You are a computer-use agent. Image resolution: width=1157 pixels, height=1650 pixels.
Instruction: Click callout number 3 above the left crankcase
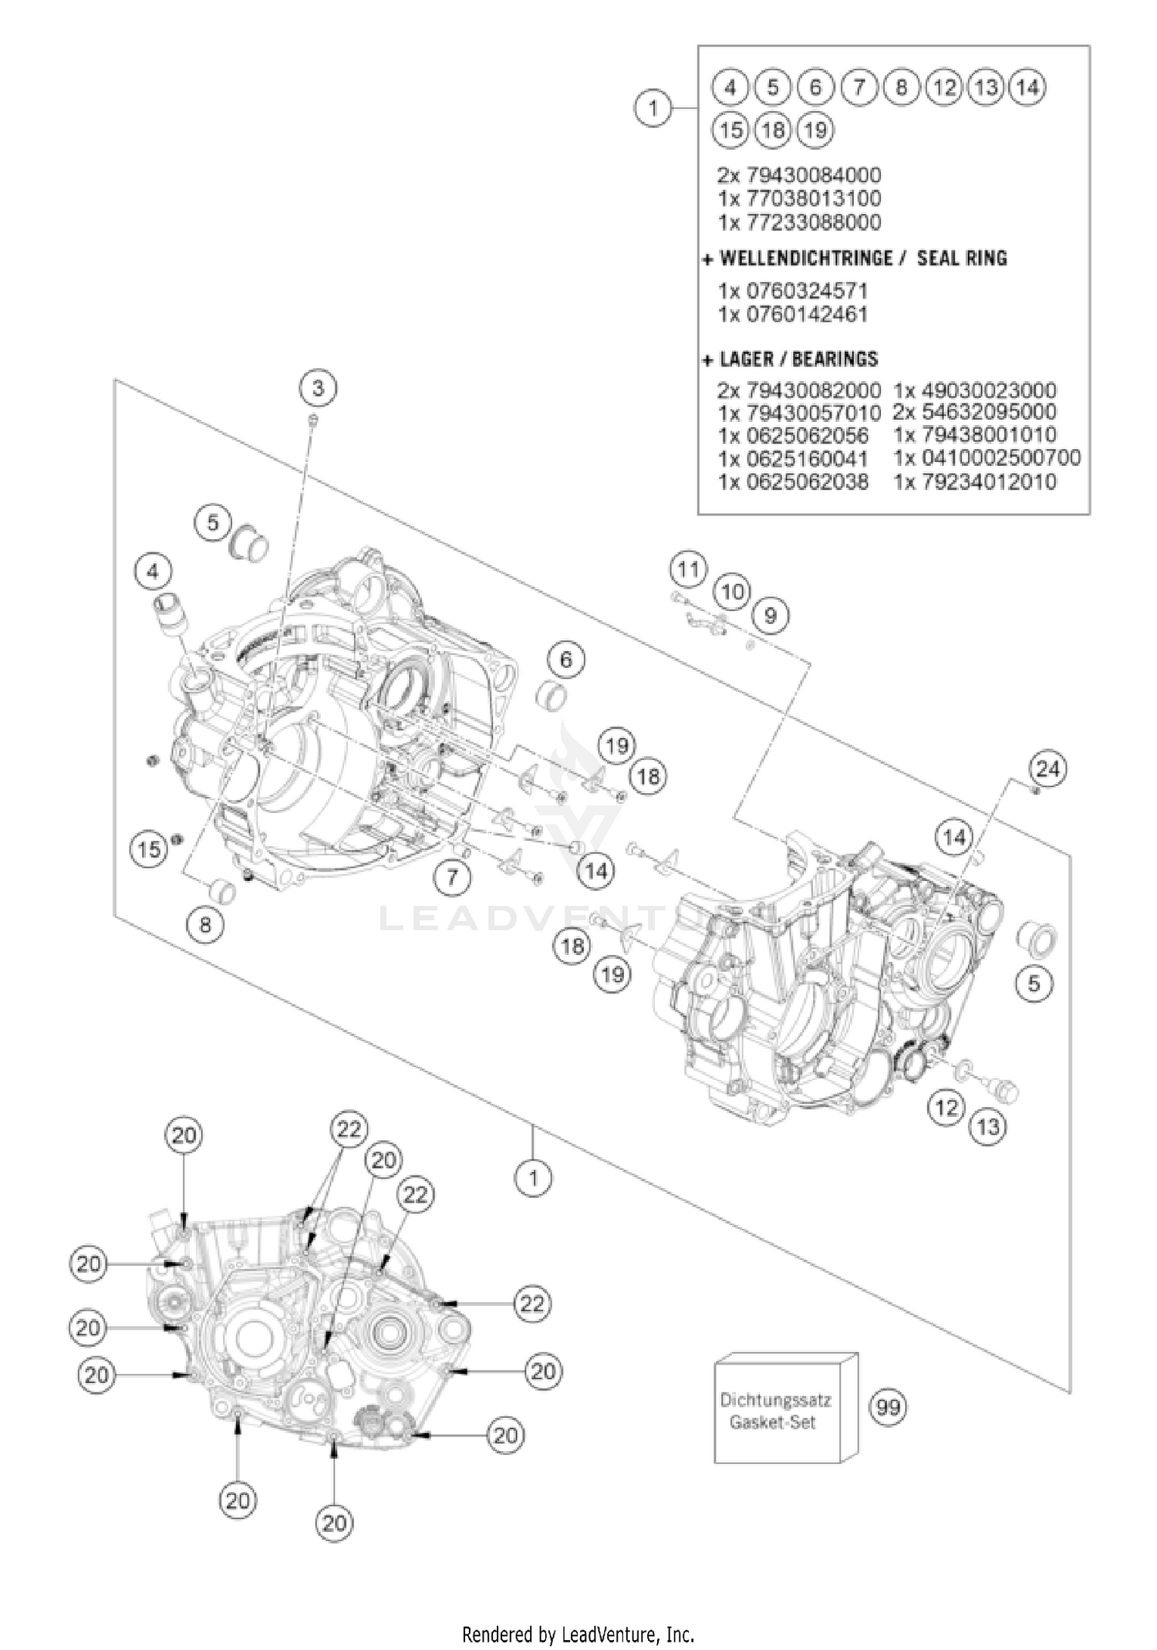[318, 387]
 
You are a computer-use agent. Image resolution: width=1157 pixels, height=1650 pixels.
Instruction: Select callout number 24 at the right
[1047, 768]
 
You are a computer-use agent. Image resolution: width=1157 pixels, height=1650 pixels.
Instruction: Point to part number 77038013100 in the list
[799, 198]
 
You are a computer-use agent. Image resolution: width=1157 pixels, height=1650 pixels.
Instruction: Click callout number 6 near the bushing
[566, 660]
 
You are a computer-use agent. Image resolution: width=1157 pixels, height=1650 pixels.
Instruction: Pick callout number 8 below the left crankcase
[205, 923]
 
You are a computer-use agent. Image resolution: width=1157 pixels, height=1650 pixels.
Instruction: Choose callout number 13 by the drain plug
[988, 1127]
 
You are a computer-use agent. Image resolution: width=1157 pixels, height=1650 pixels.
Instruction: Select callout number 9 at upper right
[770, 615]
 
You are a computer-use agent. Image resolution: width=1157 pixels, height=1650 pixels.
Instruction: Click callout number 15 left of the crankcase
[149, 849]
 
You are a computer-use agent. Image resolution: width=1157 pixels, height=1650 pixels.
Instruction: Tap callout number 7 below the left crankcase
[452, 877]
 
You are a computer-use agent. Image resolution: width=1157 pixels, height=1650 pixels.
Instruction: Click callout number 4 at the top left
[153, 572]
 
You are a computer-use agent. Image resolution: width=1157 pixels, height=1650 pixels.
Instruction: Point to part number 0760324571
[793, 291]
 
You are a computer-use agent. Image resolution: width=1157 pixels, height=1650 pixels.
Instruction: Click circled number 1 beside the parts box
[653, 108]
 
